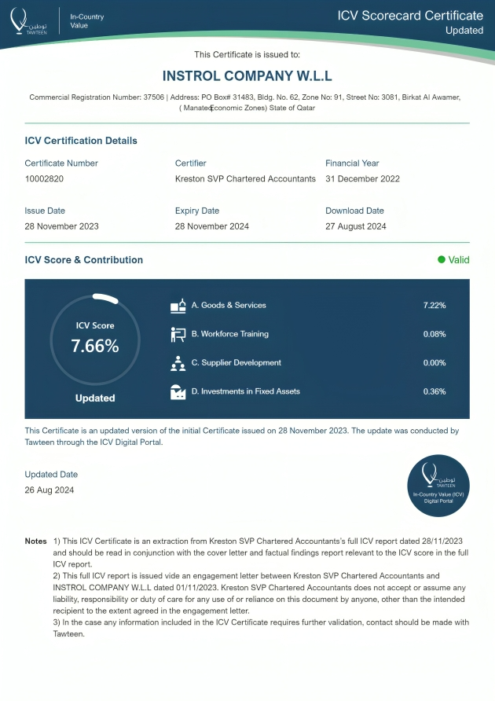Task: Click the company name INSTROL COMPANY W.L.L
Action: (247, 76)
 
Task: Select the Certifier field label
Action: (190, 163)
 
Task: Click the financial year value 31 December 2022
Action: (362, 179)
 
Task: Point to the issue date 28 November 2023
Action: (61, 226)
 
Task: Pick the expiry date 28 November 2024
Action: (211, 226)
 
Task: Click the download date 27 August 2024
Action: (355, 226)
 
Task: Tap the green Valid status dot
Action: (442, 259)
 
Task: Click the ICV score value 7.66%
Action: (95, 346)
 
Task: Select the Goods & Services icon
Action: (178, 306)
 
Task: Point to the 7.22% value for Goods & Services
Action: (434, 305)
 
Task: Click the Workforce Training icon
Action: (178, 335)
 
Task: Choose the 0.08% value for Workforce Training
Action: (434, 334)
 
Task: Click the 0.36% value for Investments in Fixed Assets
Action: (434, 391)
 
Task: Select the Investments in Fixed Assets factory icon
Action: (178, 392)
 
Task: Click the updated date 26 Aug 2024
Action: (49, 490)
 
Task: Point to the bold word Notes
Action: (36, 541)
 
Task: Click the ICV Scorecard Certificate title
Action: (410, 16)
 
